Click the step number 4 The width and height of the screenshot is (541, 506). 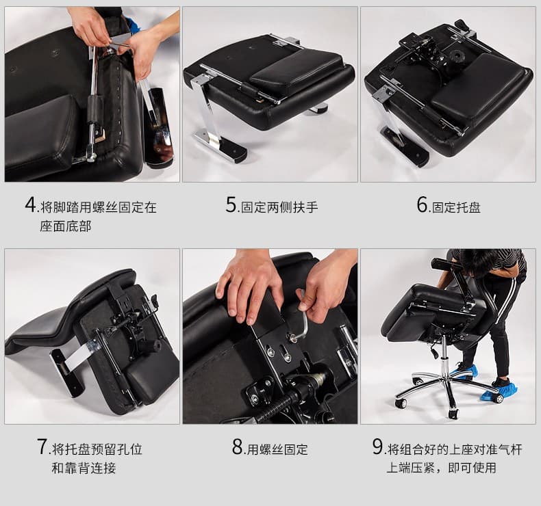pos(30,204)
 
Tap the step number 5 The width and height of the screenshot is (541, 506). pos(231,204)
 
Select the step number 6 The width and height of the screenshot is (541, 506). pos(422,204)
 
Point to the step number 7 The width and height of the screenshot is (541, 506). pos(42,447)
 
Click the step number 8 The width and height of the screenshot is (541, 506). pos(238,447)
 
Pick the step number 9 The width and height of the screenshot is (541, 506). pos(377,447)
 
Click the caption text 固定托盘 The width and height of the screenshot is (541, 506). pos(456,208)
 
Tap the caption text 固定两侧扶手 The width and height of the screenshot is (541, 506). pos(279,207)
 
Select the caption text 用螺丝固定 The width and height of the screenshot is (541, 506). pos(277,449)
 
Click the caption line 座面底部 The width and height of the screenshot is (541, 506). pos(66,226)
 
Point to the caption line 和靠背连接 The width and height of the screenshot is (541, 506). pos(84,468)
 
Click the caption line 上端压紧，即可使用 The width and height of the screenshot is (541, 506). pos(441,468)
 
